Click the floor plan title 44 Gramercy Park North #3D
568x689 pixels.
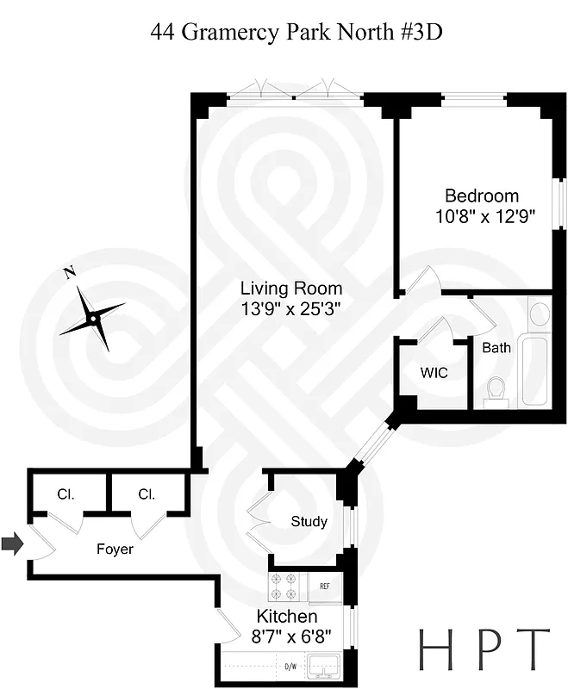click(x=296, y=33)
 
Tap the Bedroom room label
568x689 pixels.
click(x=481, y=196)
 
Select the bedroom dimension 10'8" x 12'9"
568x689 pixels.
click(x=486, y=217)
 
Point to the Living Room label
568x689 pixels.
click(x=290, y=289)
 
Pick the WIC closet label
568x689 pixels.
click(x=434, y=373)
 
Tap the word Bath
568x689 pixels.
click(x=496, y=348)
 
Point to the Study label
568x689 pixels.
click(x=309, y=521)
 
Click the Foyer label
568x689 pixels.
click(x=115, y=549)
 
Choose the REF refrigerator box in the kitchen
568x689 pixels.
click(x=325, y=587)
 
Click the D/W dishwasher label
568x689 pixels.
click(x=290, y=666)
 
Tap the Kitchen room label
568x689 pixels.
click(x=287, y=617)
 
